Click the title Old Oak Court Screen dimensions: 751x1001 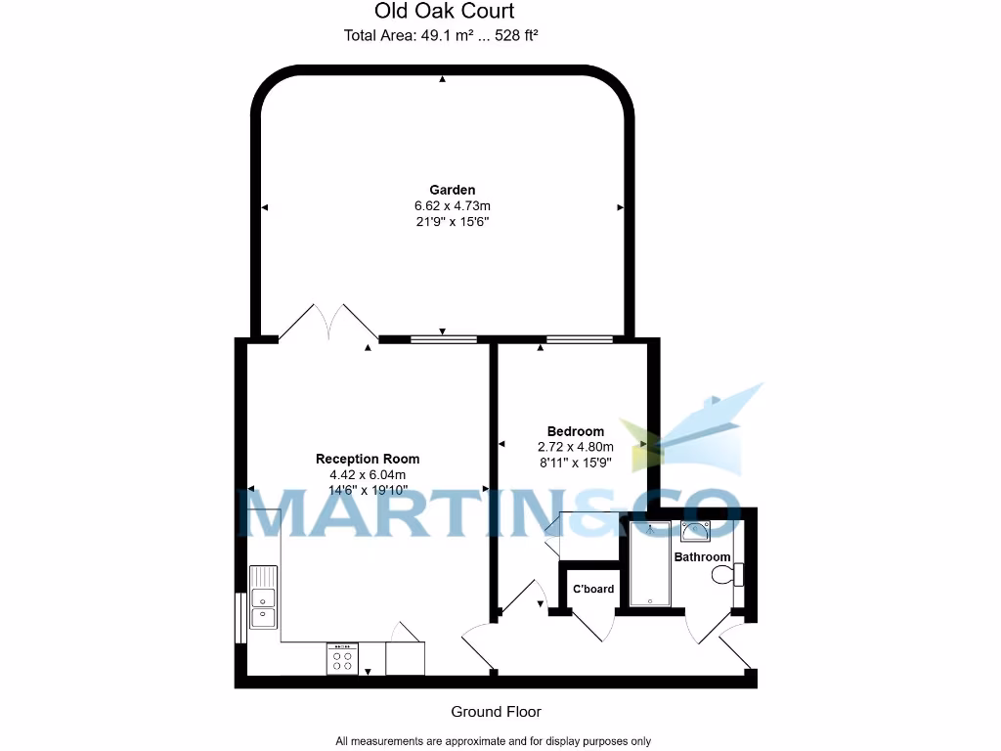tap(444, 12)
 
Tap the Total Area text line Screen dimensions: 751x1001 tap(442, 36)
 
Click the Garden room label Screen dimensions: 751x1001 tap(452, 190)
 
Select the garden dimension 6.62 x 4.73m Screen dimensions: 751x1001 tap(452, 206)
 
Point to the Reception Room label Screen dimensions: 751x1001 tap(368, 459)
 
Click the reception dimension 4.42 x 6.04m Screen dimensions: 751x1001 tap(368, 475)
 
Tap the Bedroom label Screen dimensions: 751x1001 tap(575, 431)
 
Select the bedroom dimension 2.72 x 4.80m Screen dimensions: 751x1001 tap(575, 447)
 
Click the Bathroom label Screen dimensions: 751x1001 tap(702, 557)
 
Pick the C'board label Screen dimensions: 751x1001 tap(593, 589)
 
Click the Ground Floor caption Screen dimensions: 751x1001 tap(496, 712)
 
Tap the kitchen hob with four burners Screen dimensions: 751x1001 tap(342, 658)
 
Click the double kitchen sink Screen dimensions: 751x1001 tap(263, 597)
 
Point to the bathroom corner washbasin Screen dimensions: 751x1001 tap(696, 531)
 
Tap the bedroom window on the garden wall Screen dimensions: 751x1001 tap(580, 339)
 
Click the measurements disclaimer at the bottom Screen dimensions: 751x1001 tap(493, 741)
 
